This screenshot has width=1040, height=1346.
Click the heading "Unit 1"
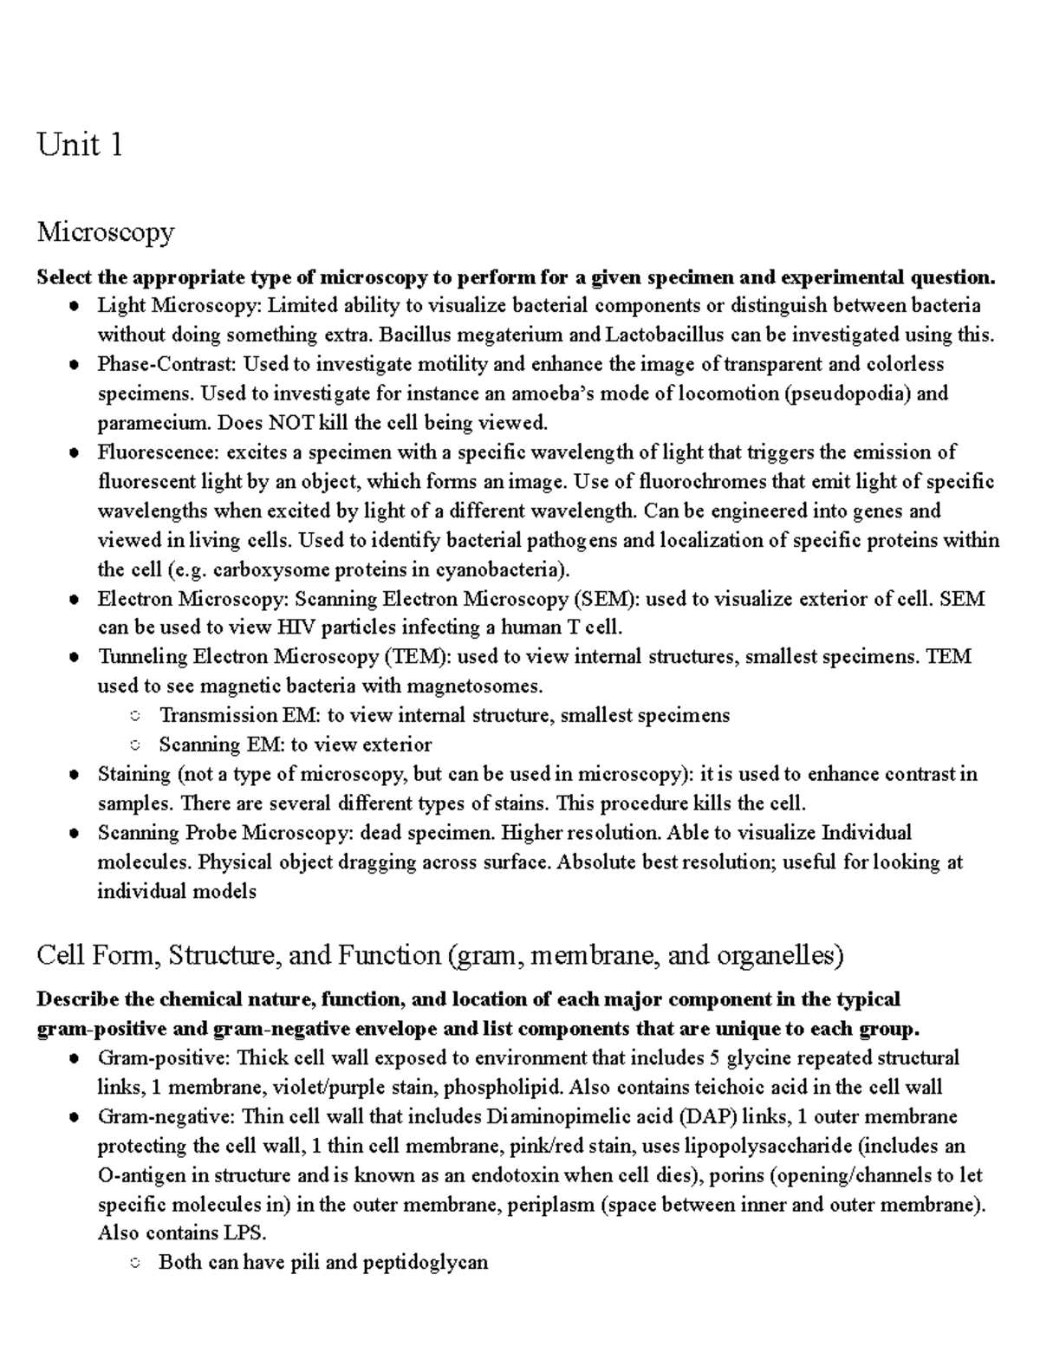(79, 145)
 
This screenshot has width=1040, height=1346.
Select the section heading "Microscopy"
(105, 231)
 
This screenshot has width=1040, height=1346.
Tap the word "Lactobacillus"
(666, 335)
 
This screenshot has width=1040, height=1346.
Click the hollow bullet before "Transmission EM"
(134, 716)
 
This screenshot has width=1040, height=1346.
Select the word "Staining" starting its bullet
(134, 774)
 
